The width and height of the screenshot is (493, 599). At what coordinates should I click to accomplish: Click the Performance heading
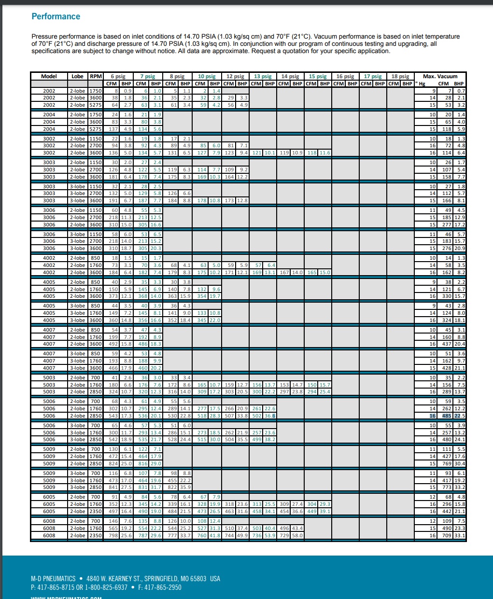tap(56, 16)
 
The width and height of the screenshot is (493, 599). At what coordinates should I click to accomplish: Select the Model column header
tap(49, 76)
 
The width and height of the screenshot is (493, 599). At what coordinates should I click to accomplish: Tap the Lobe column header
tap(77, 76)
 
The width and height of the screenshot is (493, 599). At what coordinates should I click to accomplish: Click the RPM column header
tap(96, 76)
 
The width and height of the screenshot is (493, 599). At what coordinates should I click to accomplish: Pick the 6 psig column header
tap(118, 76)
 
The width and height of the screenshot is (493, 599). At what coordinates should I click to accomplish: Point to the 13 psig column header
tap(263, 76)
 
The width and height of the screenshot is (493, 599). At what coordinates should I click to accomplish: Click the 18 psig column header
tap(400, 76)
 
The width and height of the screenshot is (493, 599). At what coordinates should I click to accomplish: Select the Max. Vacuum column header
tap(440, 76)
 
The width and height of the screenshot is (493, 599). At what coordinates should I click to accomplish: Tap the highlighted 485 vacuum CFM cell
tap(446, 416)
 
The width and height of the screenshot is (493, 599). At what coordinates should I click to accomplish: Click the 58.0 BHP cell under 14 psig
tap(297, 535)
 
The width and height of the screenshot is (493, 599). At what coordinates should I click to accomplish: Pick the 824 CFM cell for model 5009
tap(114, 463)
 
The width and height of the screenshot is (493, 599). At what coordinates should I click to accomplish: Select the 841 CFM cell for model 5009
tap(114, 487)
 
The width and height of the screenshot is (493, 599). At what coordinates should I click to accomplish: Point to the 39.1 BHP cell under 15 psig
tap(325, 511)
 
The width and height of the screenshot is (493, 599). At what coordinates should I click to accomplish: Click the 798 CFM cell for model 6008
tap(114, 535)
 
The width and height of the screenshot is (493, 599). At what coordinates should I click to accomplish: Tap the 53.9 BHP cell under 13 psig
tap(269, 535)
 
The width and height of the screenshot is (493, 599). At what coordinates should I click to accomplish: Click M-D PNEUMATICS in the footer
tap(53, 579)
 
